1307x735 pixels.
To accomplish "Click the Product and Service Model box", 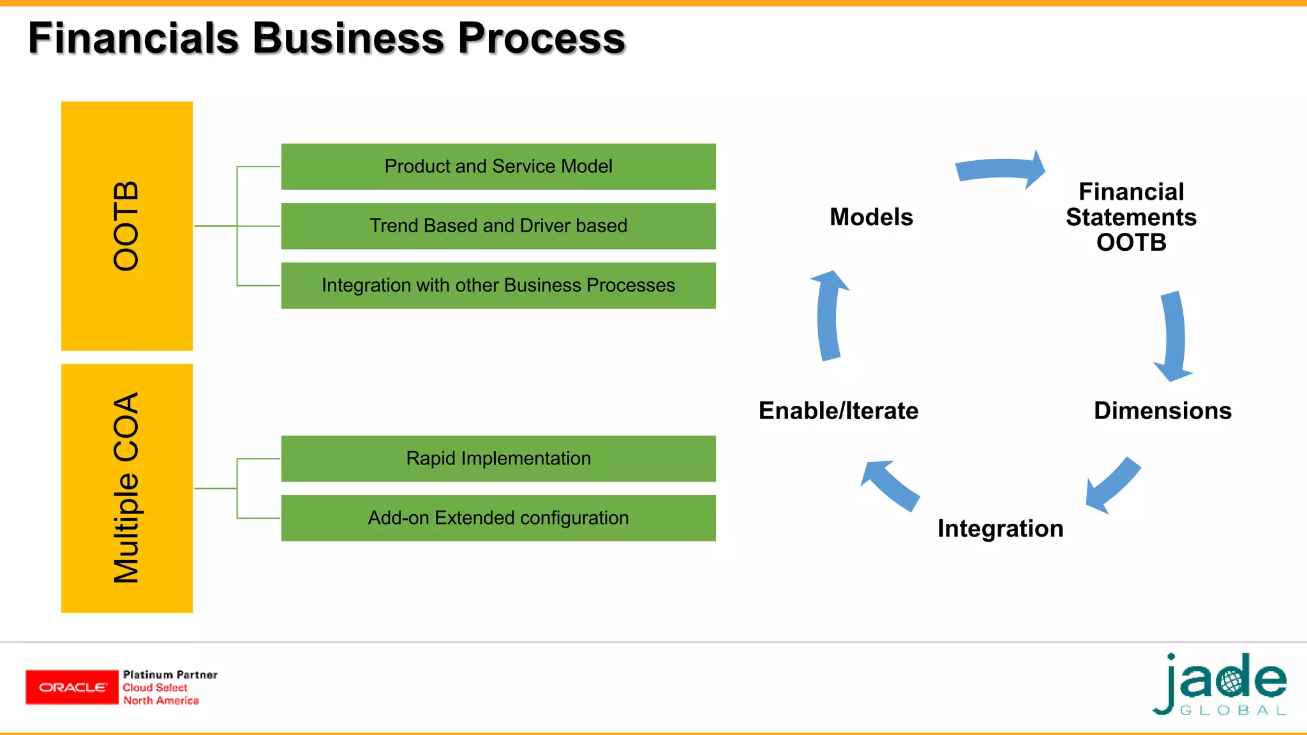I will click(498, 167).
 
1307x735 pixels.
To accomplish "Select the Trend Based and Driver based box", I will click(498, 226).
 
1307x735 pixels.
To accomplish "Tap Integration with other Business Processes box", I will click(498, 285).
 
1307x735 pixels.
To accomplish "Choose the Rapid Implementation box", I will click(498, 459).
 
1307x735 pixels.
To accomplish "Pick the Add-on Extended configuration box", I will click(498, 518).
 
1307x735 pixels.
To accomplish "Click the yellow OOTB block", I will click(127, 226).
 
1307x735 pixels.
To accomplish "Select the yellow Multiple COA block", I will click(127, 488).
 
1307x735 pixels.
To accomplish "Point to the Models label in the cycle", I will click(871, 218).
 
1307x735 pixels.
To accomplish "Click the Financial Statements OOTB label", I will click(1131, 218).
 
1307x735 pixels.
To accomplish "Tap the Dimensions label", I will click(1162, 411).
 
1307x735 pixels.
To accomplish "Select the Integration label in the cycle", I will click(1000, 529).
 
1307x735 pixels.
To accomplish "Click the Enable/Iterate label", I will click(838, 411).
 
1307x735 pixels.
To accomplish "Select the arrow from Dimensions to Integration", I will click(1114, 485).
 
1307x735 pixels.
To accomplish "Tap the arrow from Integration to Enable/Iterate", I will click(890, 485).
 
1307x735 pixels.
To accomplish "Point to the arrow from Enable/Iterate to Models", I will click(828, 316).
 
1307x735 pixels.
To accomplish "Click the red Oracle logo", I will click(72, 687).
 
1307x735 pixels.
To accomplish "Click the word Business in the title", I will click(348, 38).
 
